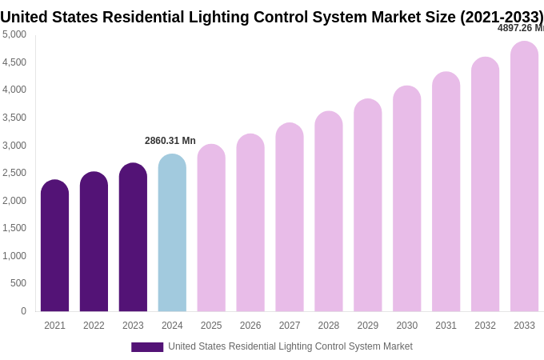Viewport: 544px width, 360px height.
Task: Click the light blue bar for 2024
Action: (x=172, y=233)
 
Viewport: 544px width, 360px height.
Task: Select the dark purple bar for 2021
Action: (x=54, y=246)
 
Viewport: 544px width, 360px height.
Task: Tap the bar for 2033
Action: (x=524, y=176)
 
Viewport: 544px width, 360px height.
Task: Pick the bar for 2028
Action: (x=329, y=211)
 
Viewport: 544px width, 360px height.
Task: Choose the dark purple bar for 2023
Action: (x=133, y=238)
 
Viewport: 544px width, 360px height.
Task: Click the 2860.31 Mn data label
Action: (x=170, y=141)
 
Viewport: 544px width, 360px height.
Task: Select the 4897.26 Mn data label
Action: (x=520, y=28)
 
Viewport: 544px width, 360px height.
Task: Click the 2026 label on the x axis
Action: (x=250, y=326)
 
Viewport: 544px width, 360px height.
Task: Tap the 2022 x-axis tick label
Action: (x=94, y=326)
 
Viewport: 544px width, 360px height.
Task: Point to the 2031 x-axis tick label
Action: (x=446, y=326)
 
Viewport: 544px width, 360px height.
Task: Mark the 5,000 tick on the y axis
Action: (x=14, y=34)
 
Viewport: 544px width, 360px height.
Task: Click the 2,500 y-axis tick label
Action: (x=14, y=173)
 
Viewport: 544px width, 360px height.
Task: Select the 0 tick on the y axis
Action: (x=23, y=311)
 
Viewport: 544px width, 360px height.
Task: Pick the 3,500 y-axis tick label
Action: (x=14, y=118)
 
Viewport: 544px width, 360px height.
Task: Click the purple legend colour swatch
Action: (x=147, y=347)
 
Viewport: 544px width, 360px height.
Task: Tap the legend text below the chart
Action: (x=290, y=346)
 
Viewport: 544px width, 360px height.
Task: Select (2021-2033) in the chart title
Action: (x=502, y=17)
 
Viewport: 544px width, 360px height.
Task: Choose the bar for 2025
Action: (x=211, y=228)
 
